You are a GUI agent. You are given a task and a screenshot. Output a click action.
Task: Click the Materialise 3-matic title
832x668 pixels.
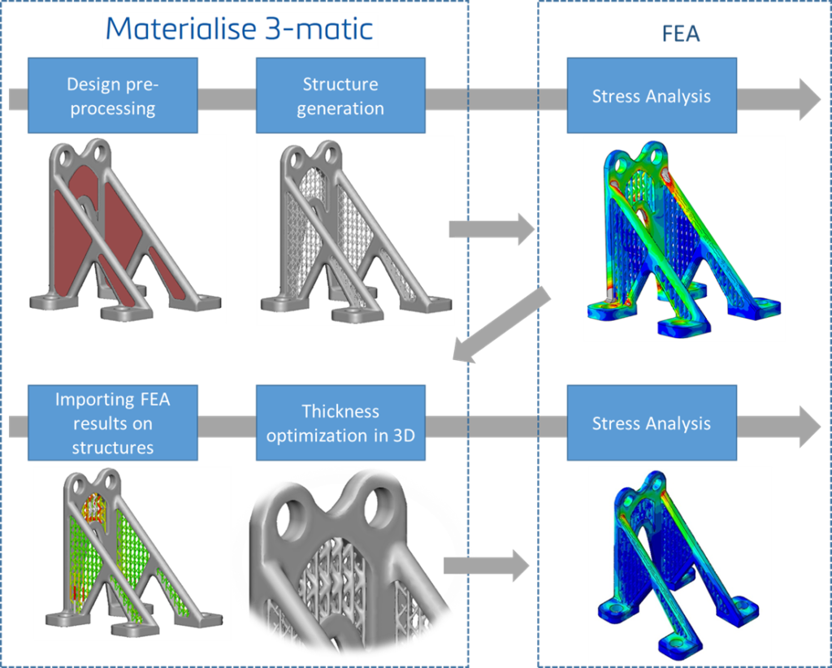[240, 28]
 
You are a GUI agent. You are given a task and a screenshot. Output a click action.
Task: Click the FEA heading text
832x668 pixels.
[681, 34]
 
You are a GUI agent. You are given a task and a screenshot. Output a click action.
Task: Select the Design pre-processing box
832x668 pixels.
[111, 96]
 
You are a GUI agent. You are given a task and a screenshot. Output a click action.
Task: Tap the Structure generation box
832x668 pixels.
[340, 96]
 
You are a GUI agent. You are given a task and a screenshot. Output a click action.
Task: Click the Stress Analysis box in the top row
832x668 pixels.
[651, 97]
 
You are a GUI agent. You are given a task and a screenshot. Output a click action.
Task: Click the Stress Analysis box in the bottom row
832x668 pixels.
[651, 423]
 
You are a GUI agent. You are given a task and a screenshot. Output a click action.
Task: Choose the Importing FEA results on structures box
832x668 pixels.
[112, 423]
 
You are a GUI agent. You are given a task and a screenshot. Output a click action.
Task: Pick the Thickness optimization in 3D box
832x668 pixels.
[340, 423]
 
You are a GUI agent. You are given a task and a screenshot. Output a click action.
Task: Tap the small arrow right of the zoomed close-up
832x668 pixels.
[487, 565]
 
